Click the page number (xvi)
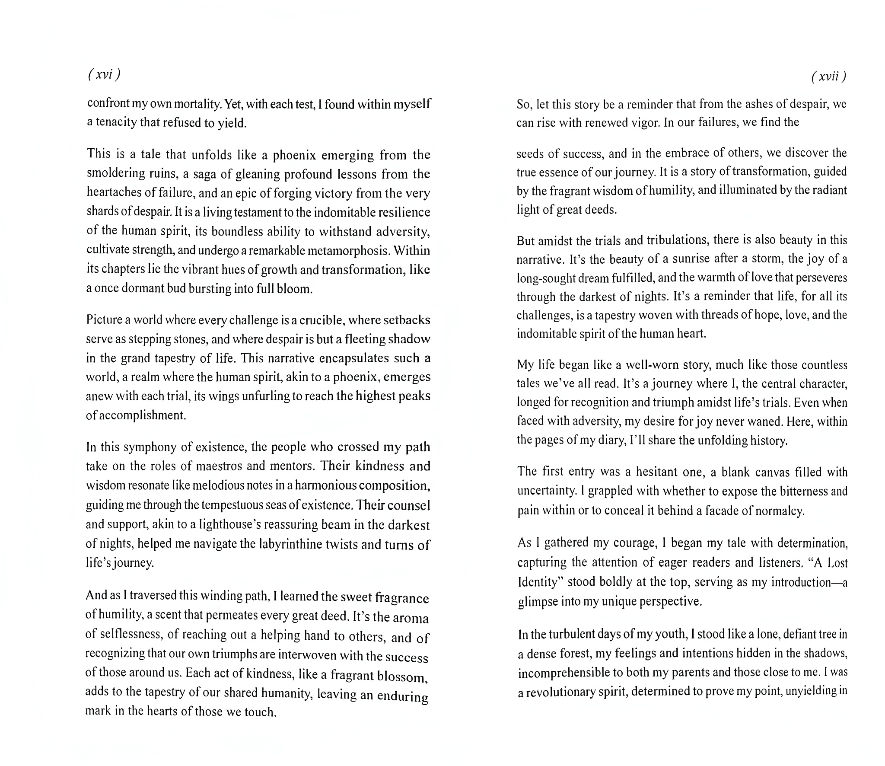click(104, 74)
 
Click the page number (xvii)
click(828, 77)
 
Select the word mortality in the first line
click(193, 104)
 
